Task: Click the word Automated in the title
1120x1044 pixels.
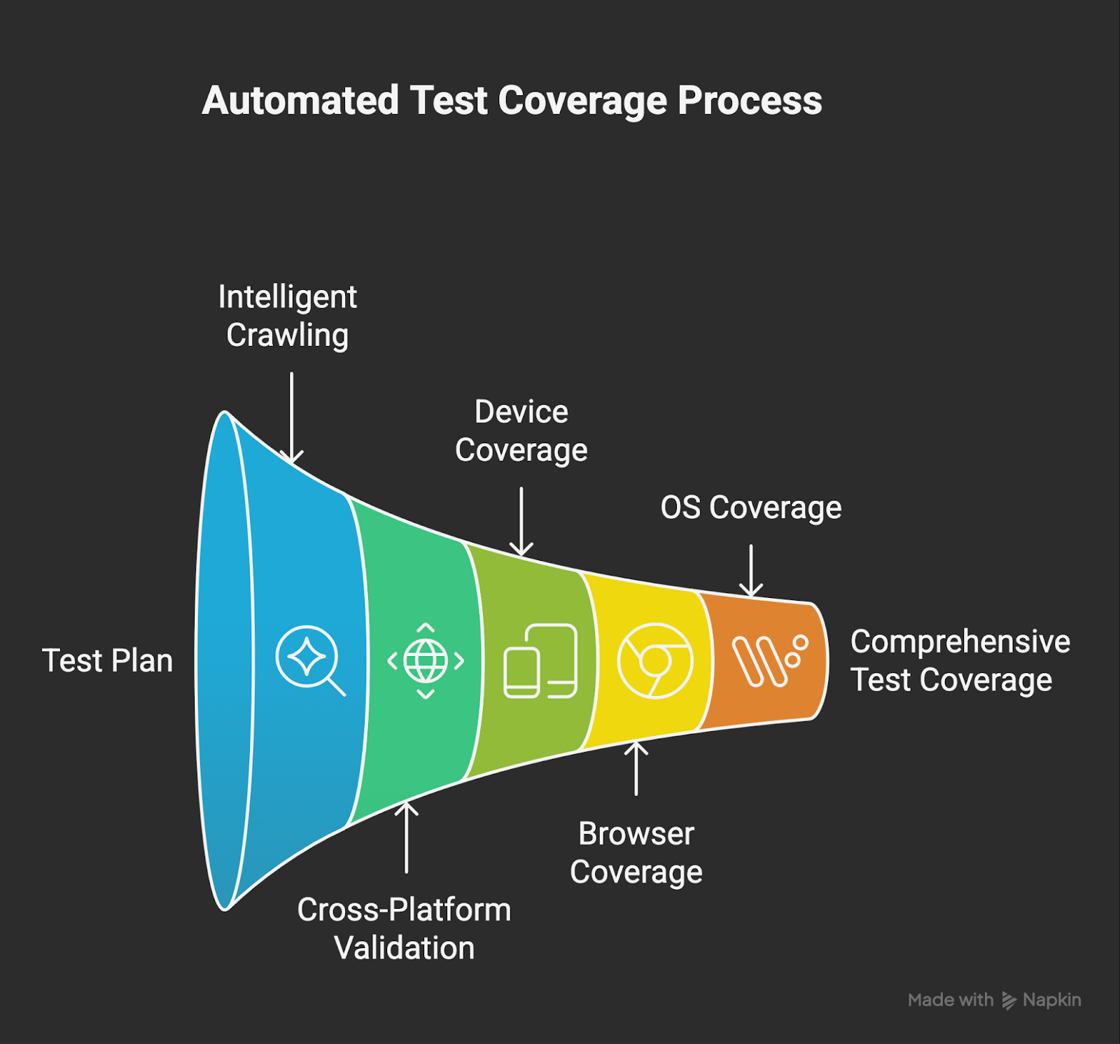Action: (300, 101)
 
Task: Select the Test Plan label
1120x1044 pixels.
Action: (107, 661)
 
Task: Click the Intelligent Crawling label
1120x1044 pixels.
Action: (287, 316)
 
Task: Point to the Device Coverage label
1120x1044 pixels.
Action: (521, 431)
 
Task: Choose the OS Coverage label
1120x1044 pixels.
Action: (750, 508)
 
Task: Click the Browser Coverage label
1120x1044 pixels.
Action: (636, 853)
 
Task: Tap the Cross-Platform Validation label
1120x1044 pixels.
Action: (404, 928)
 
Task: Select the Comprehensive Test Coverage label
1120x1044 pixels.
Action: (959, 661)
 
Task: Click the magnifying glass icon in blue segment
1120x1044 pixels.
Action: (309, 660)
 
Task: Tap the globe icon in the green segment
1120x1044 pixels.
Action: (426, 660)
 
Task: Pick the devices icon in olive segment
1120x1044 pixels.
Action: (540, 661)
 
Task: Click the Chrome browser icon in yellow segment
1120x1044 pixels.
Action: (654, 660)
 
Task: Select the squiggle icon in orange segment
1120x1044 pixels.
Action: (769, 660)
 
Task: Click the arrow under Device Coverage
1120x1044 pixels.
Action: (521, 521)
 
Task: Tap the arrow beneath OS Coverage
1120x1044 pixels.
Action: (750, 571)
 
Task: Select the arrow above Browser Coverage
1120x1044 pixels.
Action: (636, 768)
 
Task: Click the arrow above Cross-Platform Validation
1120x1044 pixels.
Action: (406, 837)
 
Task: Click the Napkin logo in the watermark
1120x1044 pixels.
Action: (1009, 1001)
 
